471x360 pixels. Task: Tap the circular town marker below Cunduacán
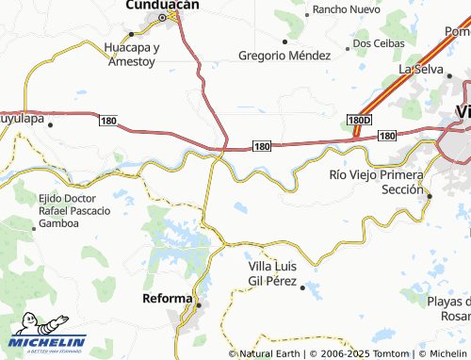(162, 17)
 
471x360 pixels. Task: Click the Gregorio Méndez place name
(284, 56)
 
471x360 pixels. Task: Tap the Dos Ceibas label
(380, 43)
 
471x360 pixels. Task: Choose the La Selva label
(420, 69)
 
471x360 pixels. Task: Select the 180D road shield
(359, 121)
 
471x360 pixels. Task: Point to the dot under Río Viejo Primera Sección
(430, 196)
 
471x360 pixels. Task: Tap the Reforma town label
(166, 299)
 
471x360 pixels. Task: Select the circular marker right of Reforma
(200, 303)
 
